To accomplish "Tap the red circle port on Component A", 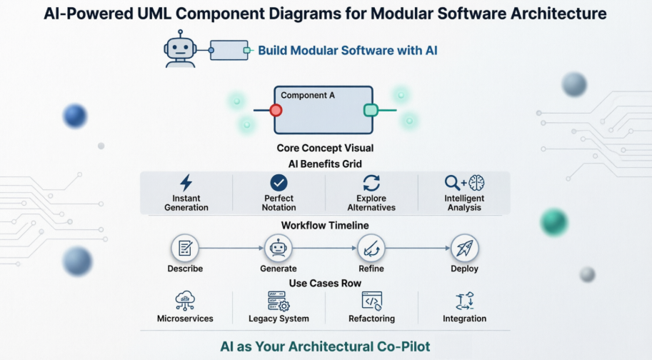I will (x=276, y=110).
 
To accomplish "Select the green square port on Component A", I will (x=370, y=110).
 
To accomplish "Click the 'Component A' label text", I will (x=308, y=95).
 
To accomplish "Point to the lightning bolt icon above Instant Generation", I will (x=186, y=182).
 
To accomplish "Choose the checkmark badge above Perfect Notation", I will (x=279, y=182).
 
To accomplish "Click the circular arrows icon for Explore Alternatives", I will (x=371, y=182).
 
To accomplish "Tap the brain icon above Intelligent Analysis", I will (x=476, y=182).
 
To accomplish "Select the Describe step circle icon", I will (x=185, y=249).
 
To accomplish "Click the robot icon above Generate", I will (x=278, y=249).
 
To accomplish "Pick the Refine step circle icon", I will (x=371, y=249).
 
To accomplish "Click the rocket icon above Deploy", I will (x=464, y=249).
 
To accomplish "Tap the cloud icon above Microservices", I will (x=185, y=301).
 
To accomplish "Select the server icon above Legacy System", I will (x=279, y=301).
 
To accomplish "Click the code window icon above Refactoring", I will (x=372, y=301).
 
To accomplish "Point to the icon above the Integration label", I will (x=464, y=301).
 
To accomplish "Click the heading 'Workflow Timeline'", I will (x=325, y=225).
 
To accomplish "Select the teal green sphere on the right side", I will (x=553, y=222).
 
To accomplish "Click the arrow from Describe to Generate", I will (x=231, y=249).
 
